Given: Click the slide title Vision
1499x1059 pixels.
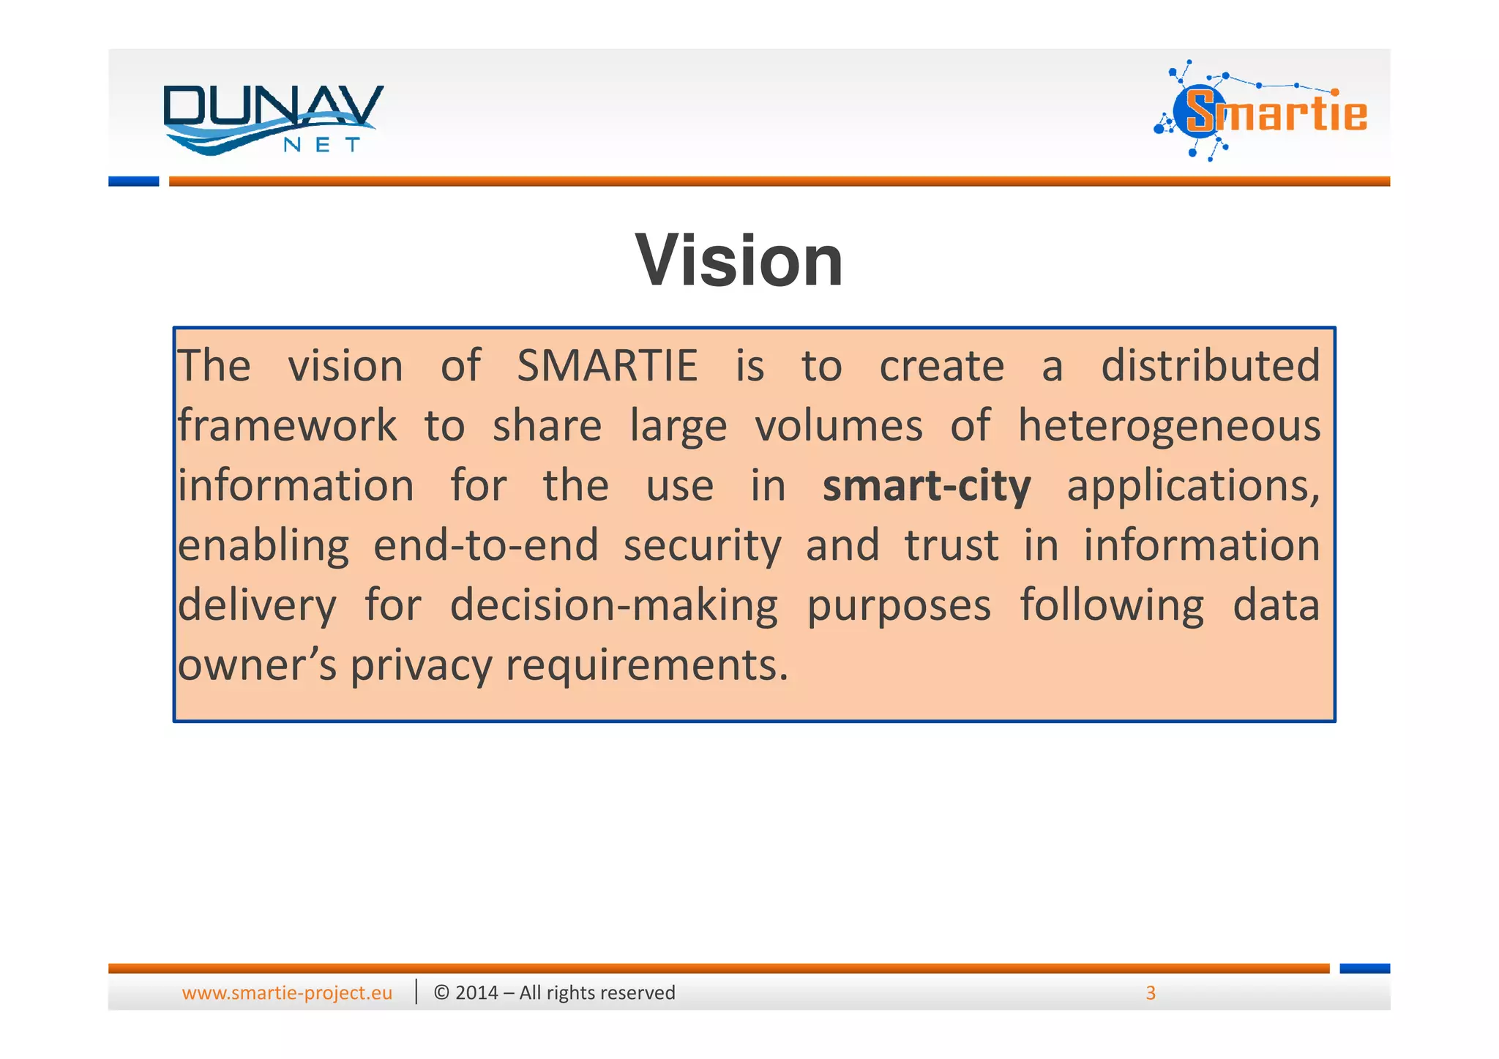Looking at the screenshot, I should (739, 261).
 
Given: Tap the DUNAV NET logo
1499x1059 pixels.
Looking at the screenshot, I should (272, 119).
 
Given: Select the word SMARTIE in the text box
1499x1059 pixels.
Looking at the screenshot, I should (607, 365).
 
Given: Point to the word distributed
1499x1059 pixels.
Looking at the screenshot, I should (1210, 365).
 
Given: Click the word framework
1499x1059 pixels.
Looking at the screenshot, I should (287, 425).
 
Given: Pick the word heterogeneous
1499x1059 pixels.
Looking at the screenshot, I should (1169, 425).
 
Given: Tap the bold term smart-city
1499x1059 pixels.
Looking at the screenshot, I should (926, 486).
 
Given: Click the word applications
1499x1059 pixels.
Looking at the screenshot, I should (1192, 486).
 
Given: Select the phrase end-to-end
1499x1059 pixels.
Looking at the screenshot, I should (486, 546).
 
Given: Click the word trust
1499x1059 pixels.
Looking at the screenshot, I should (952, 546).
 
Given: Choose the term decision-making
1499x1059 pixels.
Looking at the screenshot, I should (613, 606).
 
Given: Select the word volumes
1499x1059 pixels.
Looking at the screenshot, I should (839, 425).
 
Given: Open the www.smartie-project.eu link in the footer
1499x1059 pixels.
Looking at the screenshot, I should (287, 992).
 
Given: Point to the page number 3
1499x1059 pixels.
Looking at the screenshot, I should (1150, 992).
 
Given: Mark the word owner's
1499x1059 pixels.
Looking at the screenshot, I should (257, 666).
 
